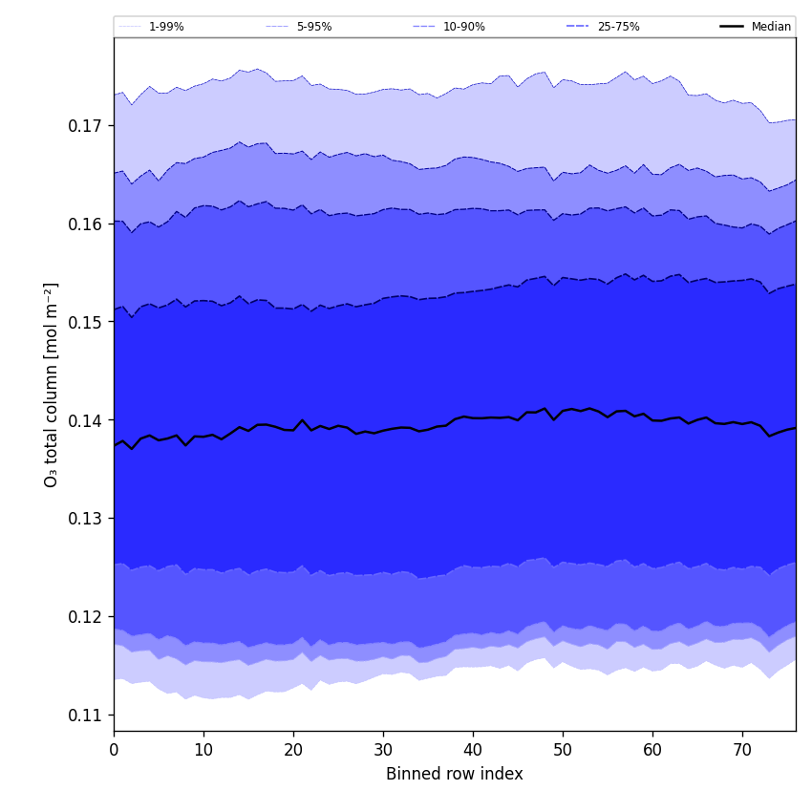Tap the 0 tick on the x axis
[x=114, y=750]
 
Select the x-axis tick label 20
[x=293, y=750]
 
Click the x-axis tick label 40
[x=473, y=750]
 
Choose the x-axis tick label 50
[x=563, y=750]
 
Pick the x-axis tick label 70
[x=742, y=750]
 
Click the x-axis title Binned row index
[x=455, y=775]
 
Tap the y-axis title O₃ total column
[x=52, y=384]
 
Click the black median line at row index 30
[x=383, y=430]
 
